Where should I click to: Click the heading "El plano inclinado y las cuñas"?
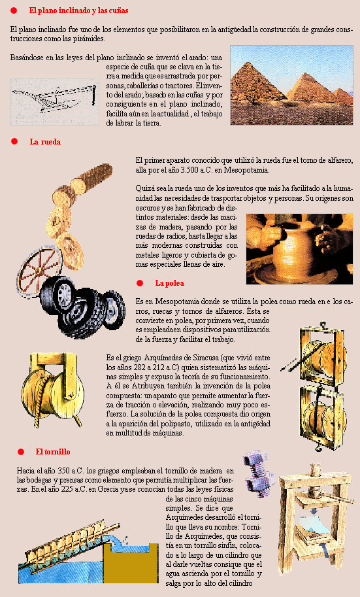click(79, 10)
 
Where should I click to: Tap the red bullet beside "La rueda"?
click(14, 141)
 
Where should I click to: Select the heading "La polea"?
click(169, 283)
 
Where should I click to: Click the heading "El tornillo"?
click(53, 452)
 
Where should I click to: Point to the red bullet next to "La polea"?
click(140, 283)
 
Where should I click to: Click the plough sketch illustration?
click(55, 101)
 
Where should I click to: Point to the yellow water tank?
click(131, 563)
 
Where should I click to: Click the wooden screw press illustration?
click(316, 518)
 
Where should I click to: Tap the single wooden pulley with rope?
click(52, 389)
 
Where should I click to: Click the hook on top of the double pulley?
click(323, 326)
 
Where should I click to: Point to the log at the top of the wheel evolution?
click(91, 177)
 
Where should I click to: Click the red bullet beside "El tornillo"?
click(21, 452)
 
